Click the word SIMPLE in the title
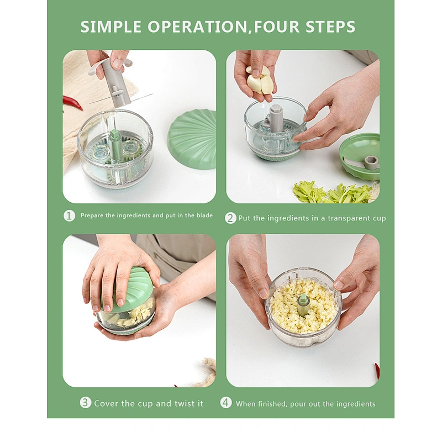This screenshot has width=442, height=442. coord(111,27)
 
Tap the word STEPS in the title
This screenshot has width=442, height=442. coord(330,27)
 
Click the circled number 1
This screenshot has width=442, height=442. coord(69,216)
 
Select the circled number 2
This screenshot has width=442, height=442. coord(230,218)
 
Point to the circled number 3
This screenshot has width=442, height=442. coord(86,403)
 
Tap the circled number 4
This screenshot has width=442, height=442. coord(226,403)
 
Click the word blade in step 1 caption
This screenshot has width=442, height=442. coord(204,215)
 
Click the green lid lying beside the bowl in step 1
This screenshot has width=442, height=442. coord(192,140)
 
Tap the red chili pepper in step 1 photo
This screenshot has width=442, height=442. coord(72,103)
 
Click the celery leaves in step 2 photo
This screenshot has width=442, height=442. coord(333,192)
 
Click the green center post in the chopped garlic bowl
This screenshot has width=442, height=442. coord(303,305)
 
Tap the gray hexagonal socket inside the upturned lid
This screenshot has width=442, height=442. coord(370,162)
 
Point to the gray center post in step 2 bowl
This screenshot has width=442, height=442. coord(275,118)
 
